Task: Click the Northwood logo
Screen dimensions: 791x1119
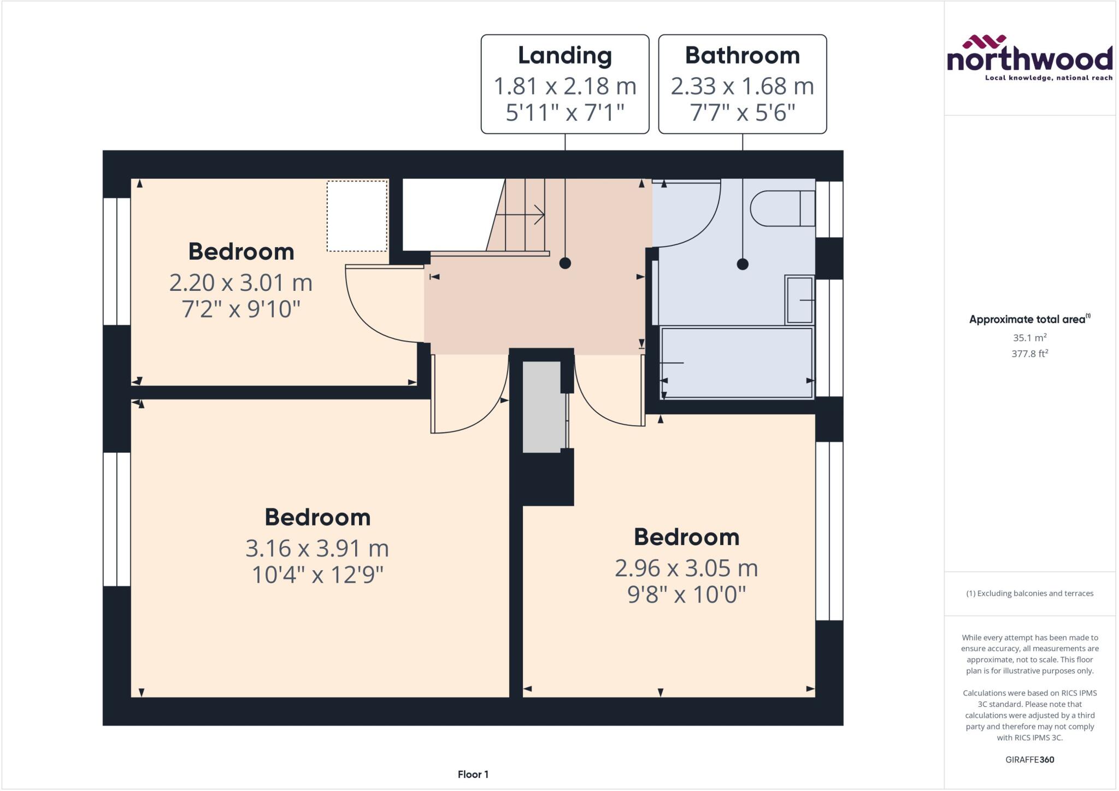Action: click(1029, 58)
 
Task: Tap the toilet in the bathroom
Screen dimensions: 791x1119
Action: click(781, 208)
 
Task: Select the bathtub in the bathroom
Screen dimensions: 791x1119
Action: click(737, 362)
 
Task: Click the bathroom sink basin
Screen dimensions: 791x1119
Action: click(799, 300)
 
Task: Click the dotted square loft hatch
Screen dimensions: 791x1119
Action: click(357, 216)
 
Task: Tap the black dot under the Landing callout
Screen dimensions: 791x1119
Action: click(565, 263)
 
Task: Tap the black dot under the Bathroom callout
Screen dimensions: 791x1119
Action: click(742, 264)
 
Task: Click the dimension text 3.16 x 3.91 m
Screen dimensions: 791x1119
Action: click(317, 548)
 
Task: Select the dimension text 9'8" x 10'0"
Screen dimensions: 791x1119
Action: click(686, 594)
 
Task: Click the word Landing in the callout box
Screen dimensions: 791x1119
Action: click(564, 55)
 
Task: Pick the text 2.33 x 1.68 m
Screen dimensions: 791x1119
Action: click(742, 86)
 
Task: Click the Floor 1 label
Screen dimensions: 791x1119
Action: click(473, 774)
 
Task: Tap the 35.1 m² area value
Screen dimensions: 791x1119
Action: click(1029, 338)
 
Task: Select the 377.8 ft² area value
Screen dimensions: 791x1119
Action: click(1029, 354)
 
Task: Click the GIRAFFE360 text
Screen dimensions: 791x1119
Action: click(1029, 759)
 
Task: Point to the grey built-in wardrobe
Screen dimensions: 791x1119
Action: click(541, 407)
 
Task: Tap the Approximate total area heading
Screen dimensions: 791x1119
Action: click(1027, 319)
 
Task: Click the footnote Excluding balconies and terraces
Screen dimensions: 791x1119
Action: click(1029, 593)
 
